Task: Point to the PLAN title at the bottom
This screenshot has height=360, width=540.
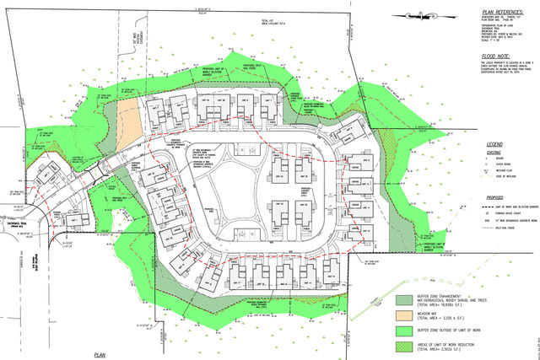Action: click(103, 355)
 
